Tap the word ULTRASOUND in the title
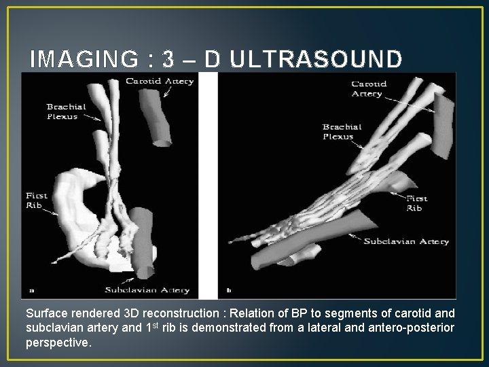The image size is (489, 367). coord(316,60)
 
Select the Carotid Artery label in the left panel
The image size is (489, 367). coord(160,82)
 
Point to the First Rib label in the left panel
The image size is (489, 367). coord(37,200)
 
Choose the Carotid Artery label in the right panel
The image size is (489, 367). coord(369,89)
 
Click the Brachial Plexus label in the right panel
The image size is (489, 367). coord(342,131)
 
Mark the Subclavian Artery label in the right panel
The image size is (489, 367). coord(406,241)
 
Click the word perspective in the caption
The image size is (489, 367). coord(58,343)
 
